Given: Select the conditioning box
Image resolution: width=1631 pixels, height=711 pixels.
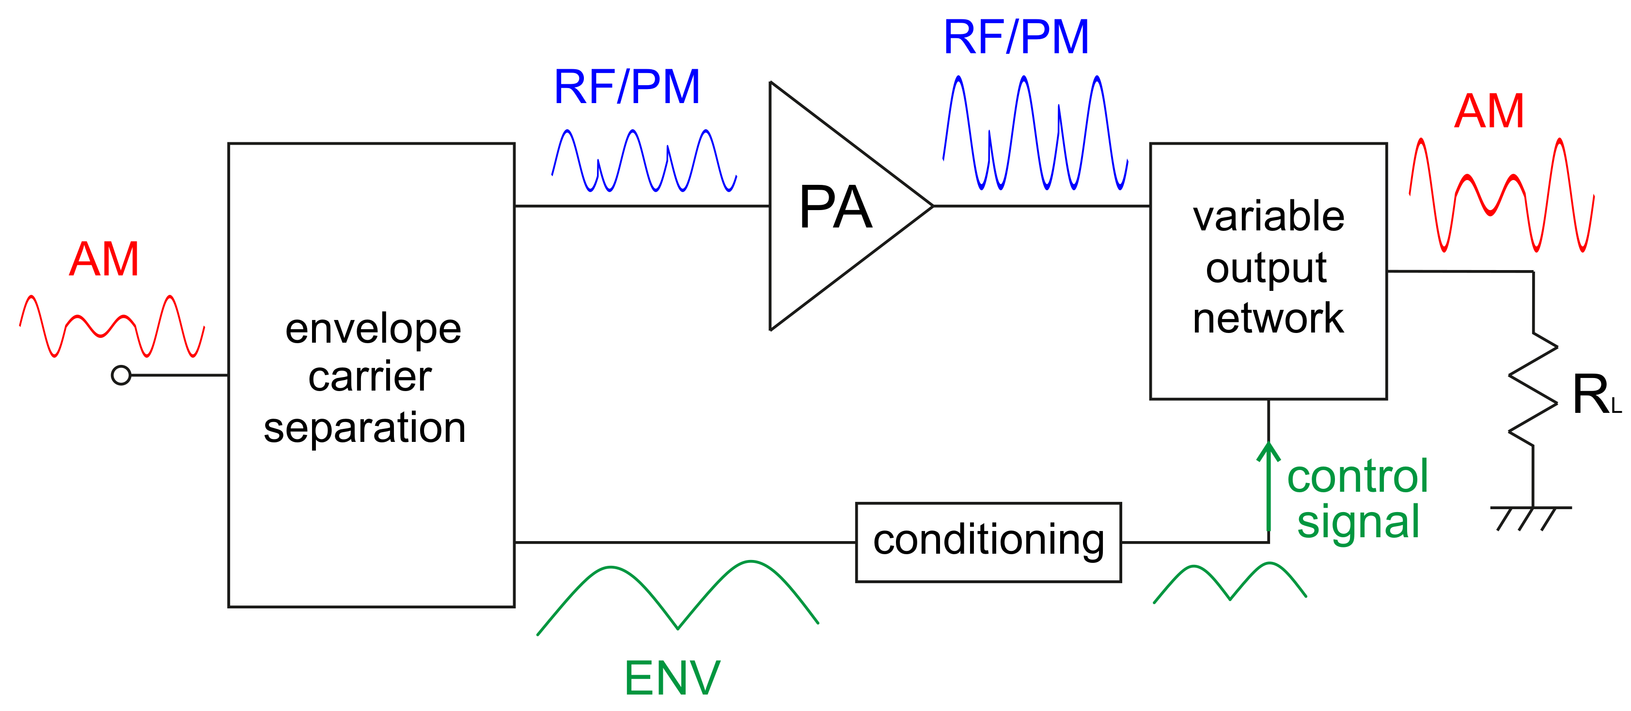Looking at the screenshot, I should (x=988, y=542).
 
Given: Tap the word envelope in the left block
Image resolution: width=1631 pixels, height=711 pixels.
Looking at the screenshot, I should (x=373, y=329).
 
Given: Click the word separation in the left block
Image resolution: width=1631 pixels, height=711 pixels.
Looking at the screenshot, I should (x=365, y=428).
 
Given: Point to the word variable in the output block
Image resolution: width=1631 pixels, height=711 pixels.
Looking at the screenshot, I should (x=1268, y=216).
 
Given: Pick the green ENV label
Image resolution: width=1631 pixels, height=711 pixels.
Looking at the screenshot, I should (x=673, y=678).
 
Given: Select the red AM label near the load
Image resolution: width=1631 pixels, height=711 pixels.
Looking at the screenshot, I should (x=1489, y=111).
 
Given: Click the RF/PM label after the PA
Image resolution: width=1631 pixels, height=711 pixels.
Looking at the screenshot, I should (x=1016, y=37).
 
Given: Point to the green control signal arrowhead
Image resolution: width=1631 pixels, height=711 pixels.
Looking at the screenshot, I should (x=1268, y=451).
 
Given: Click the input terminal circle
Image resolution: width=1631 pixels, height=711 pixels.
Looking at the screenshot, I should (x=121, y=375).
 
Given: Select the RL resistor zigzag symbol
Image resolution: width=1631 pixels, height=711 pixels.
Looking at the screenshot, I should (x=1533, y=389).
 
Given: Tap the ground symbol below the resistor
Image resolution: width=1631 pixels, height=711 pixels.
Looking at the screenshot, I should (x=1530, y=515).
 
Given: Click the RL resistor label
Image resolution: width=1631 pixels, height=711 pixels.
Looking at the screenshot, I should (x=1596, y=395).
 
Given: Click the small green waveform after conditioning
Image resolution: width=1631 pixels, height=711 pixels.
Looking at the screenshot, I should (x=1230, y=582).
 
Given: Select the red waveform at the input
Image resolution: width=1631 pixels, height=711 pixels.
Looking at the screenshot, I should (x=112, y=326).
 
